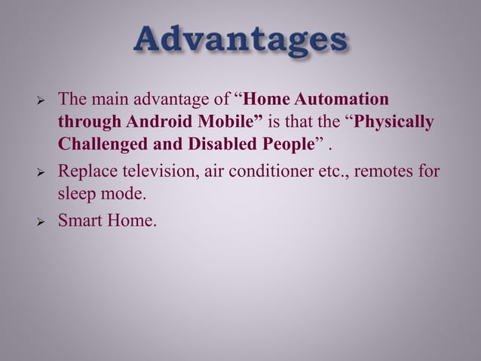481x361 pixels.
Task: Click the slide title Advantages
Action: pos(240,42)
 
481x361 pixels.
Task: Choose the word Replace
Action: pos(88,171)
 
